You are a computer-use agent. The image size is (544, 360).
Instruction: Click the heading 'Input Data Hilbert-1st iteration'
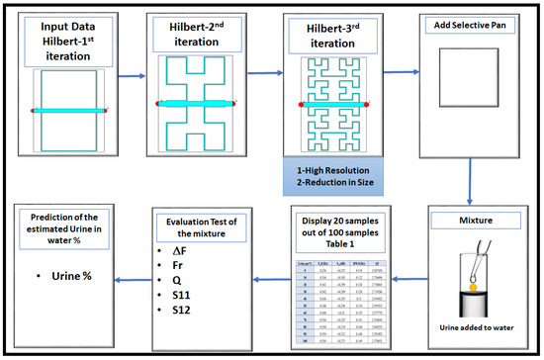(70, 41)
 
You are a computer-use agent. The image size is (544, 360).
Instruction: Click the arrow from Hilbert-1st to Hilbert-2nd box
(133, 73)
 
